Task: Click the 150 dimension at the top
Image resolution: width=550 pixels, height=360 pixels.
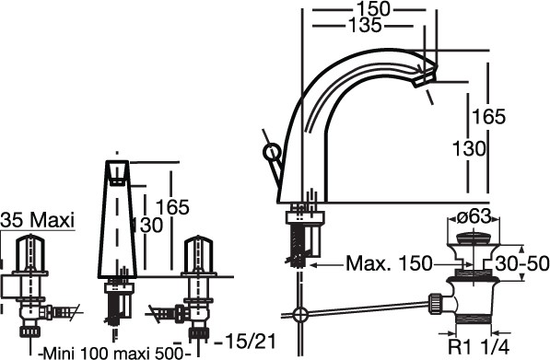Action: [x=373, y=9]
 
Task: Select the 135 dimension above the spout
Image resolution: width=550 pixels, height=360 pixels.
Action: [x=365, y=26]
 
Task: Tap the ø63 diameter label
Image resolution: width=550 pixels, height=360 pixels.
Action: [x=474, y=217]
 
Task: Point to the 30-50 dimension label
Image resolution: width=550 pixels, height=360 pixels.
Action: [x=522, y=263]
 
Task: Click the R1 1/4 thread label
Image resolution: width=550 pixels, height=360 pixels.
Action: [x=478, y=347]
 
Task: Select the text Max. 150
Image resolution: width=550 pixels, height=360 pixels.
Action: [x=389, y=263]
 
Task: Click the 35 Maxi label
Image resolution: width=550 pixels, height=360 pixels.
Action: [x=38, y=221]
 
